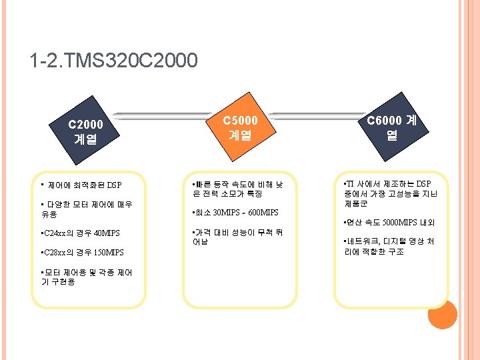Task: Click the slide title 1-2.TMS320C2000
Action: (x=113, y=61)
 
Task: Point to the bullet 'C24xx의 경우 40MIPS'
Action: (x=80, y=233)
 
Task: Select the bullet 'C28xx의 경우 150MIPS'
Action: (x=82, y=253)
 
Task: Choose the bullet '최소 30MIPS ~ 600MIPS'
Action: (x=234, y=213)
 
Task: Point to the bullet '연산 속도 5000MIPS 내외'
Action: (x=388, y=222)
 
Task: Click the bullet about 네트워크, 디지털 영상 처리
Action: (x=388, y=247)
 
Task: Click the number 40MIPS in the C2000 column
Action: (x=107, y=233)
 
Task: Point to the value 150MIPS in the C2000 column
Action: (x=108, y=253)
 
